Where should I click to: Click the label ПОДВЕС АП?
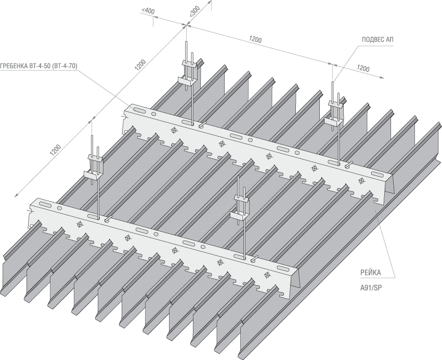tap(378, 40)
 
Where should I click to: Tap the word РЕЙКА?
tap(371, 272)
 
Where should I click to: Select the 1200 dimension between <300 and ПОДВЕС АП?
tap(255, 39)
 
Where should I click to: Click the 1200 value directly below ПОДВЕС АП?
tap(363, 69)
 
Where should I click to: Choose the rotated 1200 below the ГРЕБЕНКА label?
tap(55, 149)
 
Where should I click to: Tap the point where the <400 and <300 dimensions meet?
tap(186, 25)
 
